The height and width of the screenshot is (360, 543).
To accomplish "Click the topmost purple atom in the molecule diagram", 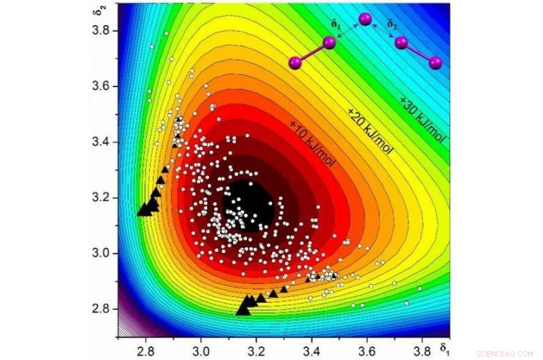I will pos(366,20).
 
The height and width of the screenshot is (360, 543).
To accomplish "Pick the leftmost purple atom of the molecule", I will pos(295,63).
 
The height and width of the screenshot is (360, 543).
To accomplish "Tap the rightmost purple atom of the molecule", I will pos(435,63).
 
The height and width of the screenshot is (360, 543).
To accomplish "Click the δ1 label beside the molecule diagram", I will pos(334,23).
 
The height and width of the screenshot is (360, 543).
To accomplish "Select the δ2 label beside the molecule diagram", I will pos(392,23).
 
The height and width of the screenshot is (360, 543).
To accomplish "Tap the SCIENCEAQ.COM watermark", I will pos(506,354).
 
